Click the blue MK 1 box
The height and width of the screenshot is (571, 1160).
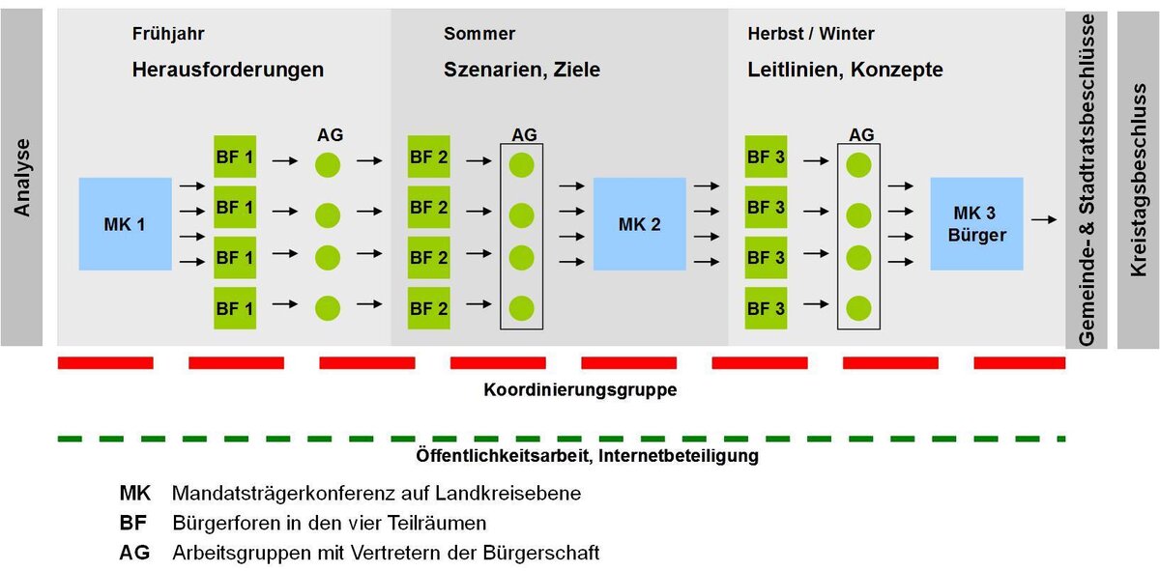pos(125,224)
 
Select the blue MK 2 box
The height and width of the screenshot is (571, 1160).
pos(639,224)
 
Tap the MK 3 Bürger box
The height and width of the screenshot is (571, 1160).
pos(976,223)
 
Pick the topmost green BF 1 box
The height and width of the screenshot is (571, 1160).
pos(235,157)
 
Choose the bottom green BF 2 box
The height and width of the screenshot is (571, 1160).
pos(429,309)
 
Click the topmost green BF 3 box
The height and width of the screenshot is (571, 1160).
pos(766,157)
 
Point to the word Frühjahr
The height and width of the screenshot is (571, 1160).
pos(168,34)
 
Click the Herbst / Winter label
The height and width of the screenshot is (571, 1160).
pos(811,34)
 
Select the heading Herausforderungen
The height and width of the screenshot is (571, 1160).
pos(228,70)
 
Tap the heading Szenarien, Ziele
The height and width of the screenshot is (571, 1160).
pos(522,70)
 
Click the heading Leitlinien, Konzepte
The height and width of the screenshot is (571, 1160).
pos(845,70)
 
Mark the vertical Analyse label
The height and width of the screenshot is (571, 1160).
pos(21,177)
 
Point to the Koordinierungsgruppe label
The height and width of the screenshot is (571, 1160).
pos(580,391)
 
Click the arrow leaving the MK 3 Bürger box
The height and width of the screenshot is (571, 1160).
pos(1044,220)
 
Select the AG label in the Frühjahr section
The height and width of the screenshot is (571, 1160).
pos(330,135)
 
